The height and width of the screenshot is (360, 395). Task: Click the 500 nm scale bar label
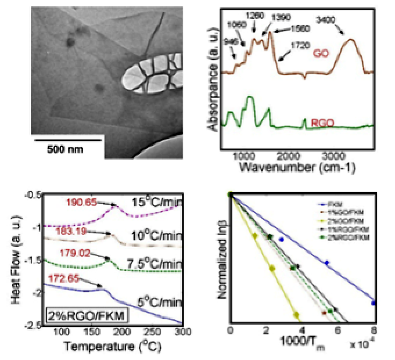(65, 149)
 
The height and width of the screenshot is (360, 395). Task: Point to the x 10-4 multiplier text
(361, 344)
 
